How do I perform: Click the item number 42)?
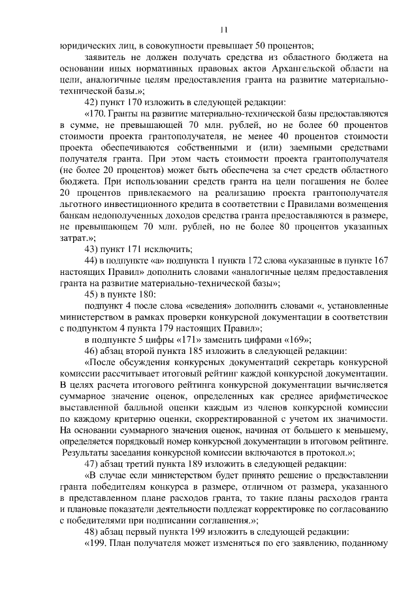point(95,101)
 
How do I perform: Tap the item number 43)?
point(95,249)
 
